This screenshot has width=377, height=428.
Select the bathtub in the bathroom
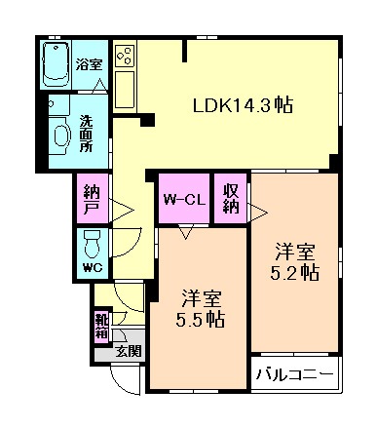tap(59, 64)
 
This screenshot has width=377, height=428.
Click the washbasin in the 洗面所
tap(60, 135)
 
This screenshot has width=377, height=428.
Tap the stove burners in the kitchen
tap(125, 56)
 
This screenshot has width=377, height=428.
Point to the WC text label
tap(92, 268)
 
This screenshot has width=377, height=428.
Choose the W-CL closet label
tap(183, 201)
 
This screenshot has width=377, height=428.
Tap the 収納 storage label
tap(231, 201)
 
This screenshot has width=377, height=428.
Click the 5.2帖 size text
tap(293, 274)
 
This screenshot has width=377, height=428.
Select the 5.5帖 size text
tap(202, 320)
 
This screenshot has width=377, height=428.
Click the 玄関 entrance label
tap(128, 352)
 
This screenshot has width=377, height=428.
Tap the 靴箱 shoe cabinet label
tap(101, 326)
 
